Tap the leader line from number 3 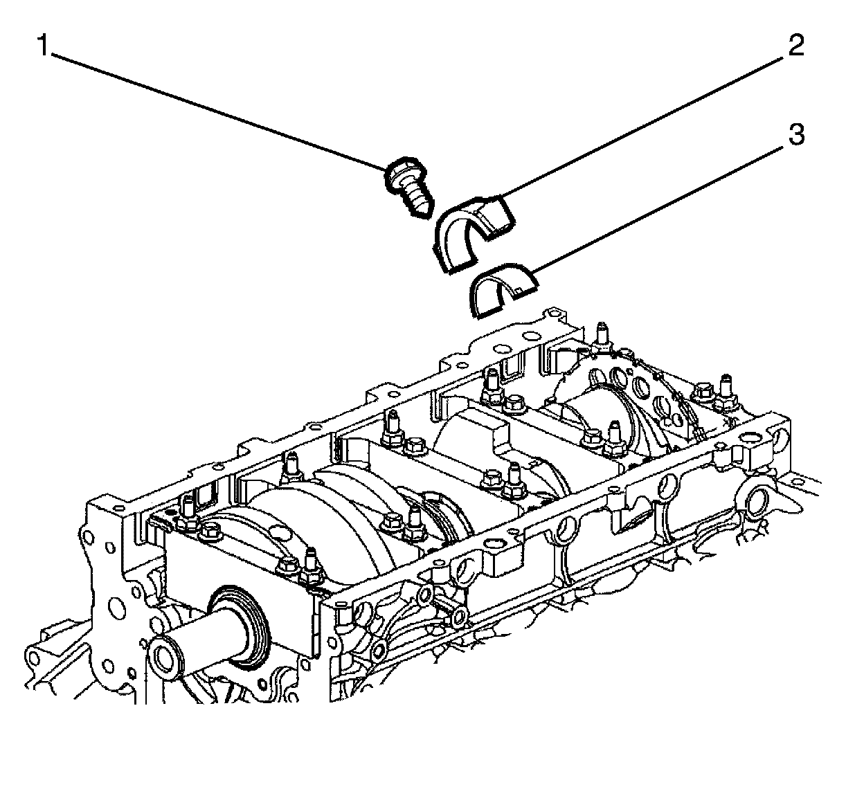[658, 201]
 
